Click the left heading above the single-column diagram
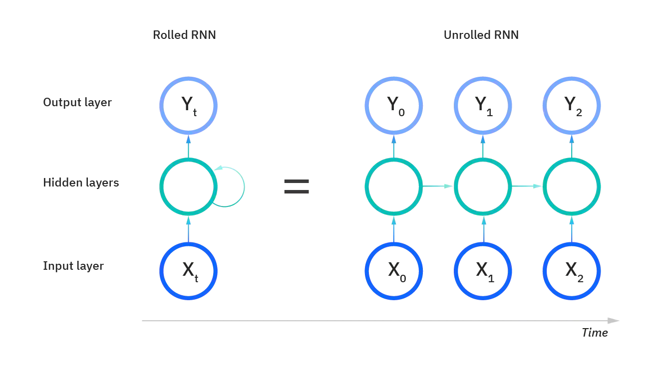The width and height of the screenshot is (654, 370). click(183, 34)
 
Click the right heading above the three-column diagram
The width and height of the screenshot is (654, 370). click(481, 34)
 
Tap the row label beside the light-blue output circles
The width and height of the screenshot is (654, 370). click(75, 104)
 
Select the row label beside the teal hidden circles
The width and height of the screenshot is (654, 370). click(81, 183)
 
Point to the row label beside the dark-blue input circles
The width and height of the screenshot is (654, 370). click(72, 267)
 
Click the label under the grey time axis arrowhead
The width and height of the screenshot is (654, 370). click(595, 334)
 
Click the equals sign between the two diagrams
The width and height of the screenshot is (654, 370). click(297, 187)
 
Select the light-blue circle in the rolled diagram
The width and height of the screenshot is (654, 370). click(188, 105)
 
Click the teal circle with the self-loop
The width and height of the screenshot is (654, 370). click(188, 186)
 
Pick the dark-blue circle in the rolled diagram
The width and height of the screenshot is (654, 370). click(188, 270)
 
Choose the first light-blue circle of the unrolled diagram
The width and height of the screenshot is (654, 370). click(394, 105)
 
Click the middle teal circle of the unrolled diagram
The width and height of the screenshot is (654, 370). click(482, 186)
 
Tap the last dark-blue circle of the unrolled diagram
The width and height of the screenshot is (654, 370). click(572, 270)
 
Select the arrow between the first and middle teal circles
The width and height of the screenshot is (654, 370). click(438, 186)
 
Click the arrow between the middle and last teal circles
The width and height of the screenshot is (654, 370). click(527, 186)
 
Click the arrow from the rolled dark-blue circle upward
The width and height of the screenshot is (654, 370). click(188, 227)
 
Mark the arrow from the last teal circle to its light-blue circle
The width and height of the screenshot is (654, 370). click(572, 145)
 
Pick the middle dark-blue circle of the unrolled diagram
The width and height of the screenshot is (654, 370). click(482, 270)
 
